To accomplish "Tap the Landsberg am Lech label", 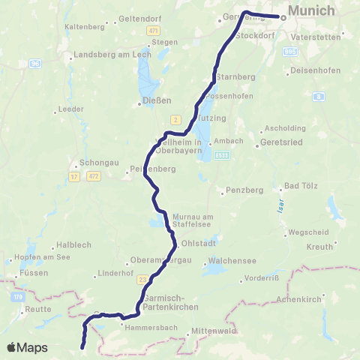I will click(101, 56).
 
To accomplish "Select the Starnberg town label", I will click(235, 77).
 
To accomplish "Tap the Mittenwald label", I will click(214, 330).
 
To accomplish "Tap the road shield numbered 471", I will click(154, 30).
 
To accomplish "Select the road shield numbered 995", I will click(291, 52).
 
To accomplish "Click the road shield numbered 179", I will click(17, 298).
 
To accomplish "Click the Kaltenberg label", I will click(84, 25).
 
